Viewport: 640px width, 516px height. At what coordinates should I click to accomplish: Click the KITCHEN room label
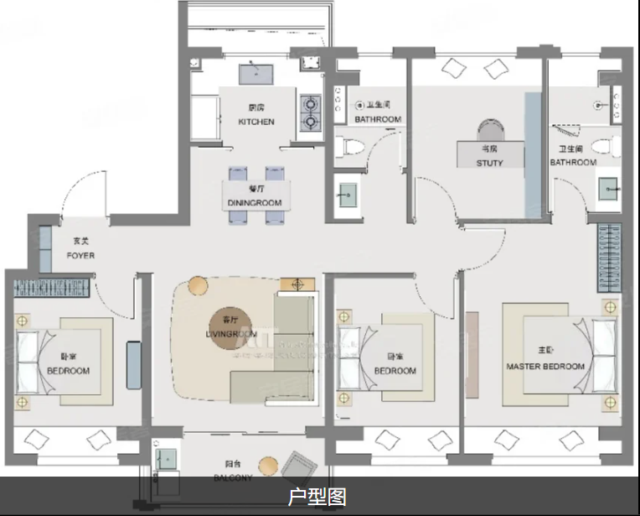click(255, 122)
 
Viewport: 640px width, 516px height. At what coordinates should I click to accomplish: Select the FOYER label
click(81, 255)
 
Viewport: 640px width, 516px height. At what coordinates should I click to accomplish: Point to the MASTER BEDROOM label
click(545, 367)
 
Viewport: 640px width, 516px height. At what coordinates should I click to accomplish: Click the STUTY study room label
click(490, 163)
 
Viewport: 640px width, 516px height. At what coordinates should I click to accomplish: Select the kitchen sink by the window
click(256, 74)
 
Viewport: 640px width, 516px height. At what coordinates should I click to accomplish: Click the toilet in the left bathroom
click(353, 148)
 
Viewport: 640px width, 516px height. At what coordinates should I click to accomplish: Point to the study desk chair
click(489, 131)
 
